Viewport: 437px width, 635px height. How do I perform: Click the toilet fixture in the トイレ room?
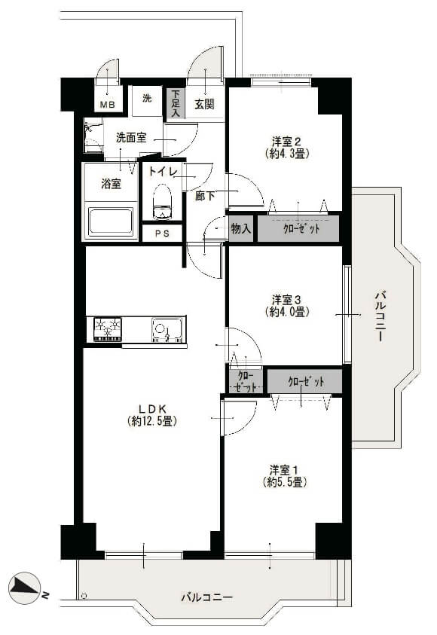pos(163,202)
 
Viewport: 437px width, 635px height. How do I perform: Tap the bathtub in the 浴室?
pos(111,221)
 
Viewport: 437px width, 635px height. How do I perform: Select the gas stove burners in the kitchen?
pos(108,328)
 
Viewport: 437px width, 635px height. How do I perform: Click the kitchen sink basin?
pos(167,329)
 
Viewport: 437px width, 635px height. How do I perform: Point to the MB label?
pos(107,105)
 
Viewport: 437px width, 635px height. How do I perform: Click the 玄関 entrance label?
pos(204,104)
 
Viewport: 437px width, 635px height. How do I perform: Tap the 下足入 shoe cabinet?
pos(176,103)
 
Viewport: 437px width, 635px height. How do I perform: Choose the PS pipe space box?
pos(162,234)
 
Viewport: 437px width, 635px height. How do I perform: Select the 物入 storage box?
pos(241,229)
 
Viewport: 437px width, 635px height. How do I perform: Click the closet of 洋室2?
pos(298,229)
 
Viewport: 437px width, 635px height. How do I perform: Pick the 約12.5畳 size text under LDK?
pos(152,421)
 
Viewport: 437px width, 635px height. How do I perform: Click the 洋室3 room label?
pos(286,300)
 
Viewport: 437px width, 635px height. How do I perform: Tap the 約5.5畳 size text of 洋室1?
pos(284,482)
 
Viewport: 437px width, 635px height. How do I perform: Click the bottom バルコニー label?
pos(207,597)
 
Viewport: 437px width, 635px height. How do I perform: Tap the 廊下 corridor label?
pos(204,196)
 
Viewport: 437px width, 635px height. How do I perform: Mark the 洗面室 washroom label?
pos(131,138)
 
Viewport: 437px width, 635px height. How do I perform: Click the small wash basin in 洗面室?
pos(92,134)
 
